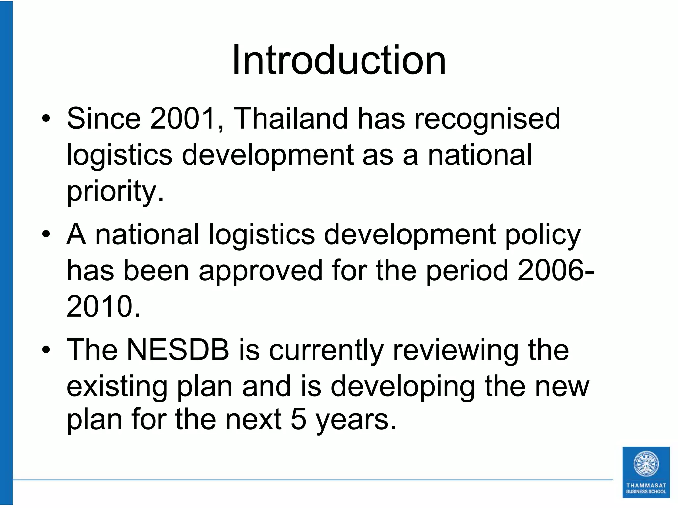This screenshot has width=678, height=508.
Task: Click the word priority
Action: (x=115, y=192)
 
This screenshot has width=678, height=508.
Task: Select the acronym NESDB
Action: (x=177, y=350)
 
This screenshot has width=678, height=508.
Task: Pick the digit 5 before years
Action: (x=298, y=419)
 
